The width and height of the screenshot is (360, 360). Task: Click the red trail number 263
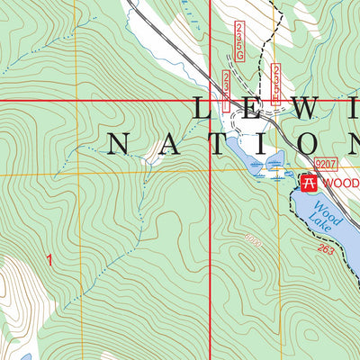click(326, 249)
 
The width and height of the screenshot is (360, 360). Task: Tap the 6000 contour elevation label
click(253, 238)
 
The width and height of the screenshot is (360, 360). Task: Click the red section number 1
click(49, 259)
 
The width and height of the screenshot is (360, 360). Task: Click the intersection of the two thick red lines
click(210, 101)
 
